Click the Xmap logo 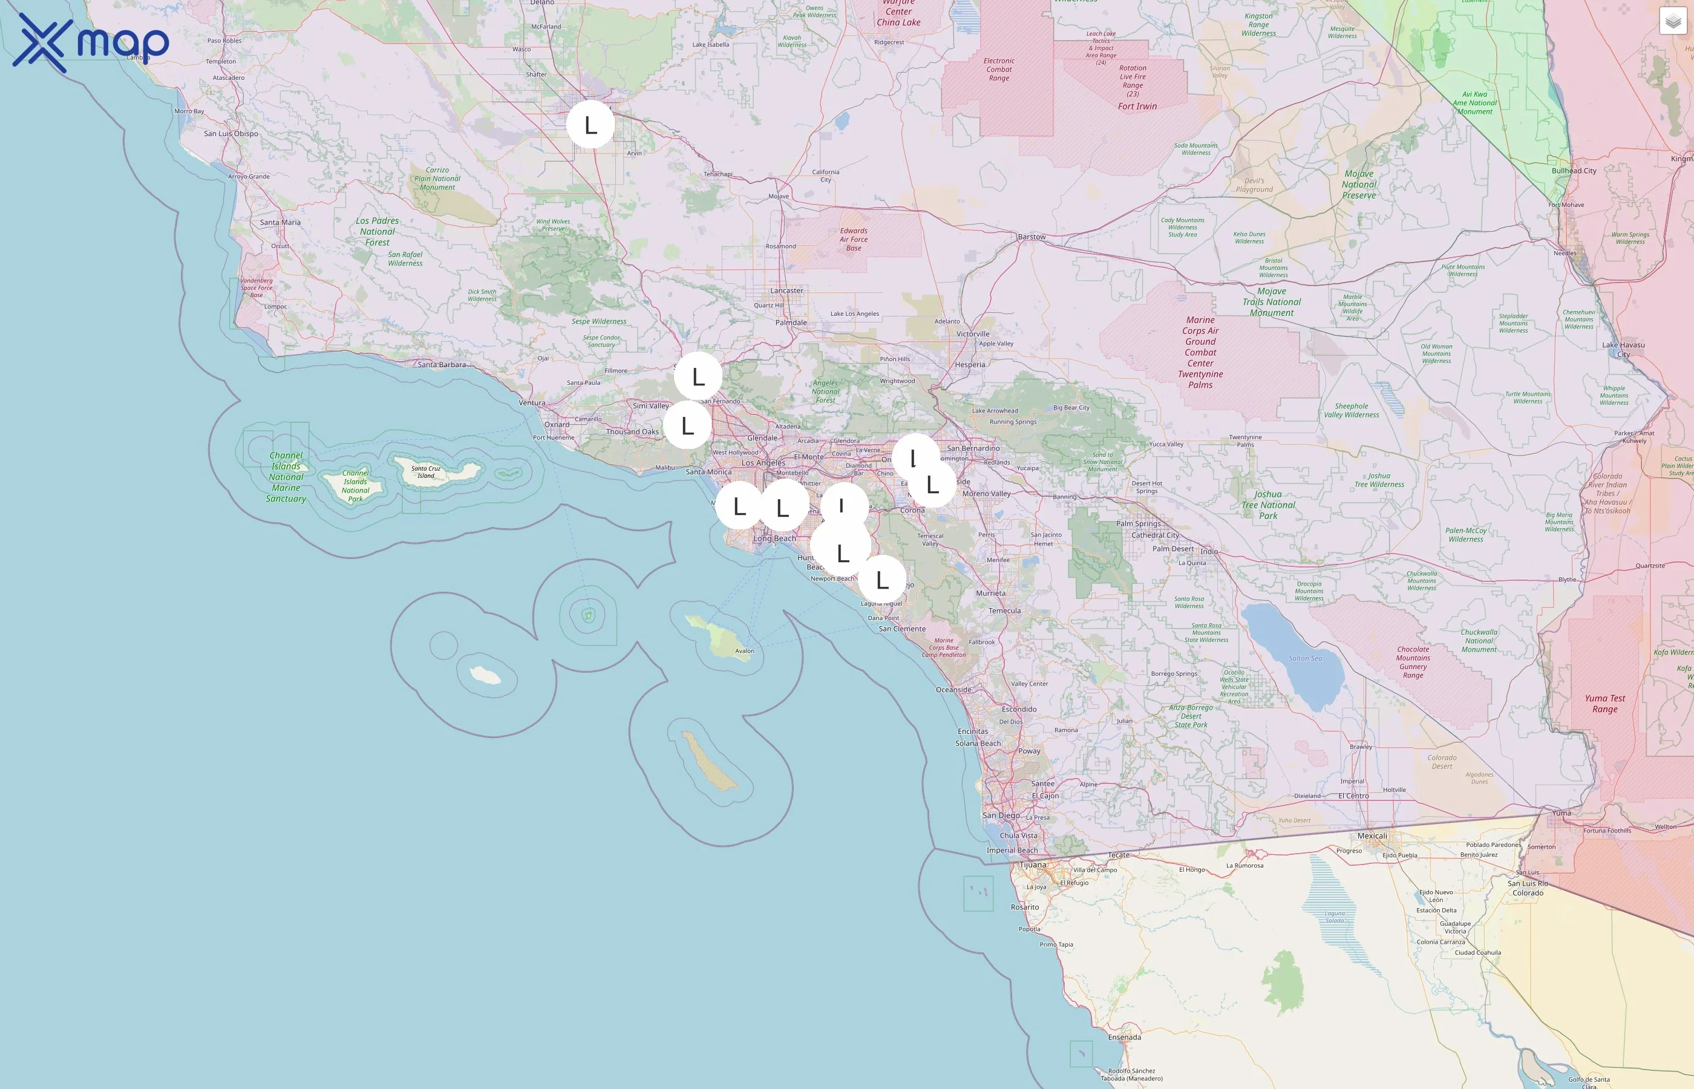(x=91, y=42)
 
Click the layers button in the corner (x=1673, y=21)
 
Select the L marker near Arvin (x=590, y=125)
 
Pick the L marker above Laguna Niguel (x=881, y=580)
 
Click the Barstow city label (x=1032, y=237)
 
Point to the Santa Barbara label (x=441, y=365)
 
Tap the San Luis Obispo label (x=231, y=134)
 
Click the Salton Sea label (x=1305, y=658)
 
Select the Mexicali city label (x=1372, y=836)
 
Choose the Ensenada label (x=1124, y=1038)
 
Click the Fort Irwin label (x=1137, y=106)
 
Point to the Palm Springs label (x=1138, y=524)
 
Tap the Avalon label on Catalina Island (x=745, y=651)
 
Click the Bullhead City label (x=1574, y=171)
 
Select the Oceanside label (x=953, y=690)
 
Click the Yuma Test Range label (x=1605, y=704)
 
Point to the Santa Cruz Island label (x=426, y=472)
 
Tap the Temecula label (x=1005, y=611)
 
